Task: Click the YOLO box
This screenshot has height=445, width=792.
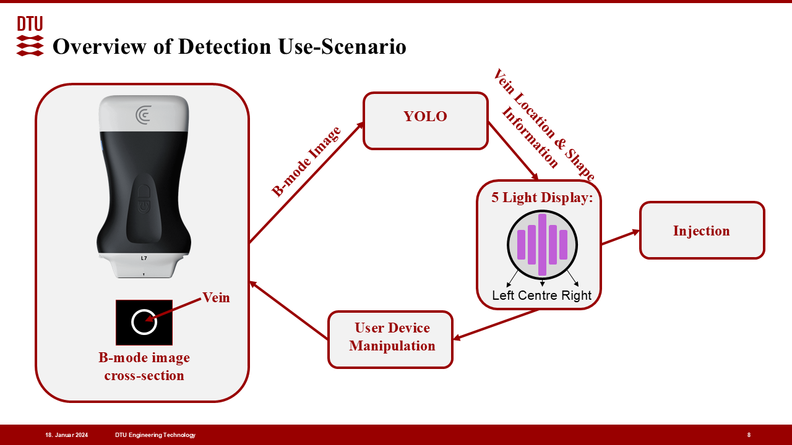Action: tap(425, 121)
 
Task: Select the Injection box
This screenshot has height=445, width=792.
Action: tap(702, 231)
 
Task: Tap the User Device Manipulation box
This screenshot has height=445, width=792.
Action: tap(390, 339)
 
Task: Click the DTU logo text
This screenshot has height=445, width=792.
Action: tap(30, 24)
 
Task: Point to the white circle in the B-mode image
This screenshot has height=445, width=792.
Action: tap(144, 322)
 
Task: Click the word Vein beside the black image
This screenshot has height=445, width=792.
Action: tap(216, 298)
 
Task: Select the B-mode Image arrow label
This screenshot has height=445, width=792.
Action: tap(306, 161)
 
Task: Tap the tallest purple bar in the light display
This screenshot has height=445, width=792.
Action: tap(542, 244)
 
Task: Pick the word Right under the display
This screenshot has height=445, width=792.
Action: tap(577, 295)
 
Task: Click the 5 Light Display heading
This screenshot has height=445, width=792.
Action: tap(542, 198)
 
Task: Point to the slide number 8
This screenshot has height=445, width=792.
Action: tap(749, 435)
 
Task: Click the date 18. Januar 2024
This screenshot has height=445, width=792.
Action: tap(66, 435)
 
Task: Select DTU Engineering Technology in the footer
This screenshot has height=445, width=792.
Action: tap(155, 435)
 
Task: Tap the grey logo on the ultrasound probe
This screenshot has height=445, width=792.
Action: tap(144, 114)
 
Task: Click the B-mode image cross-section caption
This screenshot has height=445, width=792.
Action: tap(144, 367)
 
